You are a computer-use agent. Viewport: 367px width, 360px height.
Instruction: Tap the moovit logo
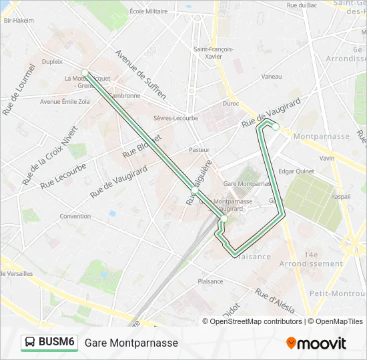click(x=316, y=343)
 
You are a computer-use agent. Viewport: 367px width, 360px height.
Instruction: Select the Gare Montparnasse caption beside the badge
click(x=131, y=343)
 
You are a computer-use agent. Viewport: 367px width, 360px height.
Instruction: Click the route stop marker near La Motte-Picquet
click(x=85, y=72)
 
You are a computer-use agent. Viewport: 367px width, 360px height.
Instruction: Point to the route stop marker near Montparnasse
click(x=275, y=126)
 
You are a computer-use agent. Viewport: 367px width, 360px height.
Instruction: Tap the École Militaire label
click(x=149, y=11)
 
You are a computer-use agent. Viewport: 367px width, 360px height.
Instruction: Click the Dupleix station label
click(x=52, y=61)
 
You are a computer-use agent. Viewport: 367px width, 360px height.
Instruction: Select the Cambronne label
click(x=126, y=95)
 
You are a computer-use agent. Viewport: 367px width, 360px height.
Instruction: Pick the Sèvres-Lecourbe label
click(x=175, y=118)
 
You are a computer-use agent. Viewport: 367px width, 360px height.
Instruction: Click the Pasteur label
click(x=199, y=150)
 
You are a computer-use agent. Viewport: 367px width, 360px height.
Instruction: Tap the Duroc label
click(x=230, y=103)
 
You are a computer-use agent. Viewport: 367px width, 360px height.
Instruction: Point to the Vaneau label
click(x=272, y=77)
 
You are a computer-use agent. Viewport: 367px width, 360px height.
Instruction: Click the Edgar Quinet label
click(x=296, y=171)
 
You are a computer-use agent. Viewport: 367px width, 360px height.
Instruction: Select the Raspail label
click(x=340, y=197)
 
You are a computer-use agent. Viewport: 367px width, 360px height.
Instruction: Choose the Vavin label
click(x=327, y=158)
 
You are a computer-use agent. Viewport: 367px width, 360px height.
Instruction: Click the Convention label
click(x=75, y=216)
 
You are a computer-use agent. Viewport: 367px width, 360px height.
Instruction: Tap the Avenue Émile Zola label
click(x=65, y=102)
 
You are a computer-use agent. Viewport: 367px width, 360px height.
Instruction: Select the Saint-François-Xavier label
click(x=213, y=53)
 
